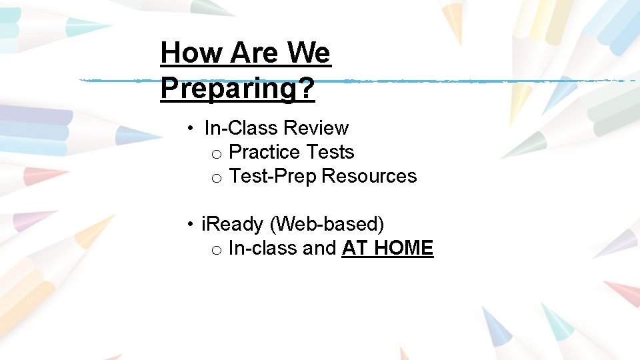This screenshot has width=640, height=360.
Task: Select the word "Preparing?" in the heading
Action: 237,89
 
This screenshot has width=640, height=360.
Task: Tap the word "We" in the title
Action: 309,52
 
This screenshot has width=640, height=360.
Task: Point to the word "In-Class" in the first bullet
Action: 241,127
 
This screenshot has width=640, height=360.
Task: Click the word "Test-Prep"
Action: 273,176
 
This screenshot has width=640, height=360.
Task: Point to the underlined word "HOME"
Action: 403,248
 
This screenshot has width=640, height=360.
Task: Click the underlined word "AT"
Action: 355,248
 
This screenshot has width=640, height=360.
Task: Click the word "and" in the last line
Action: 319,248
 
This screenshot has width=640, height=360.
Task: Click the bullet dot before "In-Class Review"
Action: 191,128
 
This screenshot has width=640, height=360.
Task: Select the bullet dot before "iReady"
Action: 191,225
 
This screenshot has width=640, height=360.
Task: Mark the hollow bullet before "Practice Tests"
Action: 216,154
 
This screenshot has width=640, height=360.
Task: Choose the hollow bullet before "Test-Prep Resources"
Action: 216,178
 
